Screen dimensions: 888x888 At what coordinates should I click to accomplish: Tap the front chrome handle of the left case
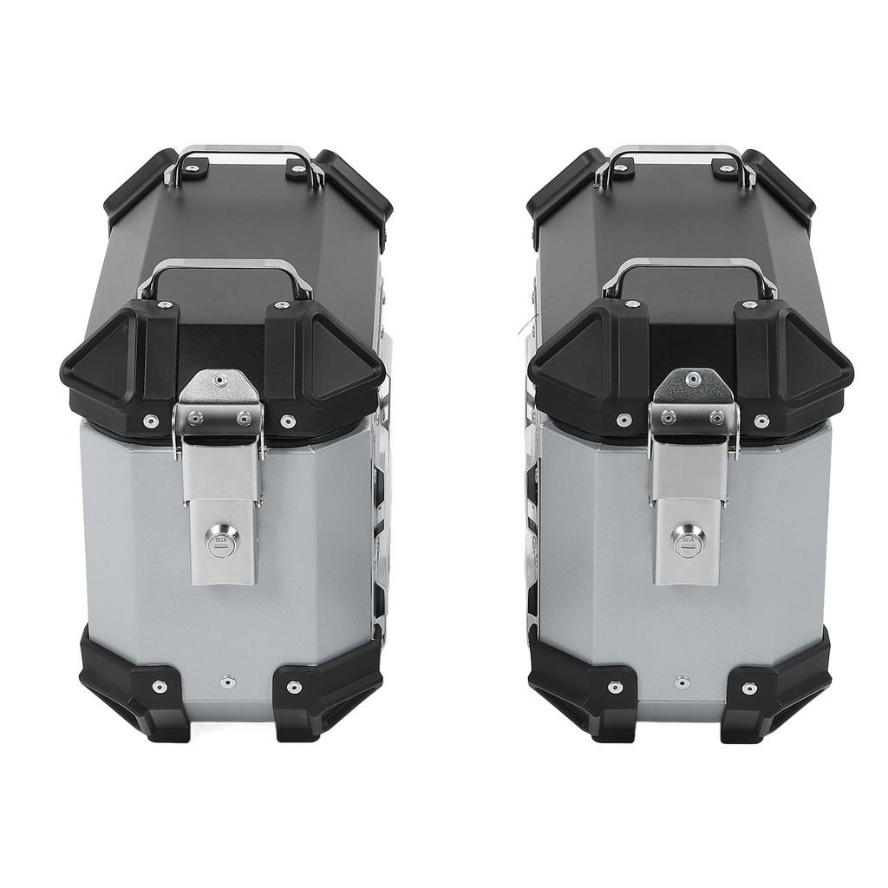pyautogui.click(x=224, y=268)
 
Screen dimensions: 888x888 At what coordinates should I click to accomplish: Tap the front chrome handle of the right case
pyautogui.click(x=689, y=268)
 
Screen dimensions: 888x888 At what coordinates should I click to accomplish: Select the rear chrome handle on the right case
pyautogui.click(x=675, y=153)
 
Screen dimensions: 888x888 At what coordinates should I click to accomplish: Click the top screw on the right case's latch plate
pyautogui.click(x=692, y=379)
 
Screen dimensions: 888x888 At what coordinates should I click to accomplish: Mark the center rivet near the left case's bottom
pyautogui.click(x=227, y=682)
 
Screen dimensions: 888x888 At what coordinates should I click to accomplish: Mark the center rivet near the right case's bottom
pyautogui.click(x=682, y=682)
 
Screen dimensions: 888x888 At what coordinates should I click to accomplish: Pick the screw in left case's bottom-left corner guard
pyautogui.click(x=158, y=686)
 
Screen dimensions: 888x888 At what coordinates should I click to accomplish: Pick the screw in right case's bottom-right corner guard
pyautogui.click(x=749, y=688)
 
